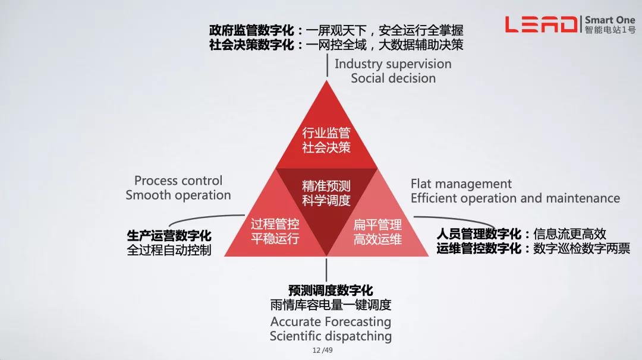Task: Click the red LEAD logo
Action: point(540,24)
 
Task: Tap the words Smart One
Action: point(610,19)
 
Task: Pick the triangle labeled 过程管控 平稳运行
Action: point(275,232)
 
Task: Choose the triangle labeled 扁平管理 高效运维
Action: point(378,232)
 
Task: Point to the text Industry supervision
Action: point(393,64)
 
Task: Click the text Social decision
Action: point(393,78)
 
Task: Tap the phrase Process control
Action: point(178,181)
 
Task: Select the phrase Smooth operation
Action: point(178,195)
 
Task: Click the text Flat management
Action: point(461,184)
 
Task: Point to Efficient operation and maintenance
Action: point(515,198)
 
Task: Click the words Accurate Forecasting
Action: point(331,322)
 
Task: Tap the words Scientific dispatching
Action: point(331,336)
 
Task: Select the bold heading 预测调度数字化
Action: point(331,290)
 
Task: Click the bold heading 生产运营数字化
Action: point(169,236)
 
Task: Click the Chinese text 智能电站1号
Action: point(610,30)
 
